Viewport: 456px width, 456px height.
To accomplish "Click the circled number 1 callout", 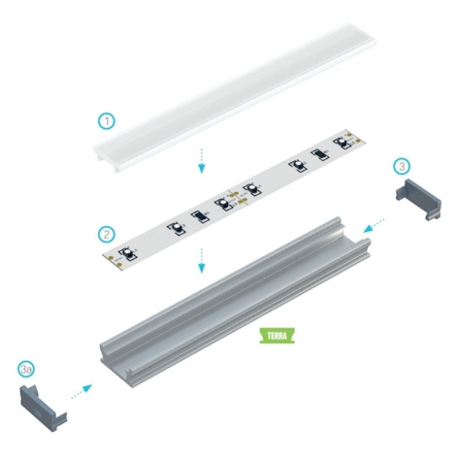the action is click(x=107, y=121).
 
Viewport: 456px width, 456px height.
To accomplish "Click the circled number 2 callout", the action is click(x=107, y=234).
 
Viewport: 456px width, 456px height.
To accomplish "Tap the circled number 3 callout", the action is click(x=402, y=166).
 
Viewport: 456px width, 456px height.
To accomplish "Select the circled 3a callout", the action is click(x=26, y=369).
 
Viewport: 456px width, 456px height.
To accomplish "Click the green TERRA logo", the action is click(x=277, y=336).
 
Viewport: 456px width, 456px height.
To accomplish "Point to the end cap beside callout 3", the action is click(x=419, y=199).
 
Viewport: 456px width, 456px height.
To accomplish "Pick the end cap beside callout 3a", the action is click(x=44, y=408).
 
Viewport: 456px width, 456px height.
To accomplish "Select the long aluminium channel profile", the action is click(x=236, y=303).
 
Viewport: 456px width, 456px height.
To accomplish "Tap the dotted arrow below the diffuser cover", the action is click(x=202, y=161).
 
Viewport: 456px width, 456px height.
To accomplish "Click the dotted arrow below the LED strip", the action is click(x=202, y=261).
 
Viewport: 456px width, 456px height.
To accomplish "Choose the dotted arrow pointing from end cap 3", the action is click(x=374, y=226).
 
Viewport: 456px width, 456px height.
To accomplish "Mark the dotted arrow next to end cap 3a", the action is click(x=81, y=391).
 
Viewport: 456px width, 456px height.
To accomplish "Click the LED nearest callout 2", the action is click(x=128, y=253).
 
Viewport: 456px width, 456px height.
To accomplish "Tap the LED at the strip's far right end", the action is click(x=342, y=143).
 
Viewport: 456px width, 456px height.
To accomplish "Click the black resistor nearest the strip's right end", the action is click(x=321, y=154).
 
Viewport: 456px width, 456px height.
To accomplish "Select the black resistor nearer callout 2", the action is click(x=200, y=216).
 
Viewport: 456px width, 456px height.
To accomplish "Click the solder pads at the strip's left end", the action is click(x=115, y=262).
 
